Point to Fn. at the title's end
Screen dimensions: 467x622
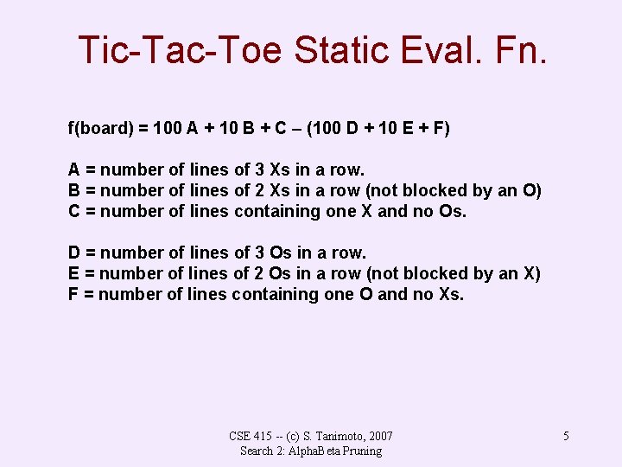521,49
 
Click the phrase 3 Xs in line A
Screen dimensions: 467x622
269,170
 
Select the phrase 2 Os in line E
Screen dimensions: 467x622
270,274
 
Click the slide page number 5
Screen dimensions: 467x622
566,436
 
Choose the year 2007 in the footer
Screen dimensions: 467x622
380,436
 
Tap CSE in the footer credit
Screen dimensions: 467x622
240,436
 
